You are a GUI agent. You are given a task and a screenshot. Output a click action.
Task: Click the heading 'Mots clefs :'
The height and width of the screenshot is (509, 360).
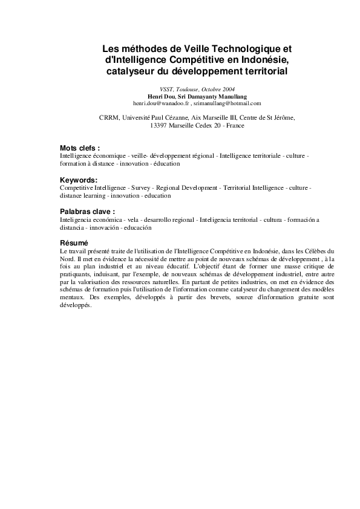coord(80,148)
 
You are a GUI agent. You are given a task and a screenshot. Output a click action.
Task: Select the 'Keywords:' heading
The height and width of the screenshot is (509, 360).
coord(78,181)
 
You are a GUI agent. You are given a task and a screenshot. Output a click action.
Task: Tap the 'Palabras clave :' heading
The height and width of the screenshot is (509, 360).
coord(87,213)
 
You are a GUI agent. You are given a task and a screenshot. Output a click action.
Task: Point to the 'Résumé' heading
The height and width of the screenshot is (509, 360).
coord(74,243)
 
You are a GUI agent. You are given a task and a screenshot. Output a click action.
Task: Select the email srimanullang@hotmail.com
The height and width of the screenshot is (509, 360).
coord(227,103)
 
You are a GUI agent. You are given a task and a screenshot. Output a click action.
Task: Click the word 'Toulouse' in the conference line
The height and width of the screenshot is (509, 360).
coord(175,89)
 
